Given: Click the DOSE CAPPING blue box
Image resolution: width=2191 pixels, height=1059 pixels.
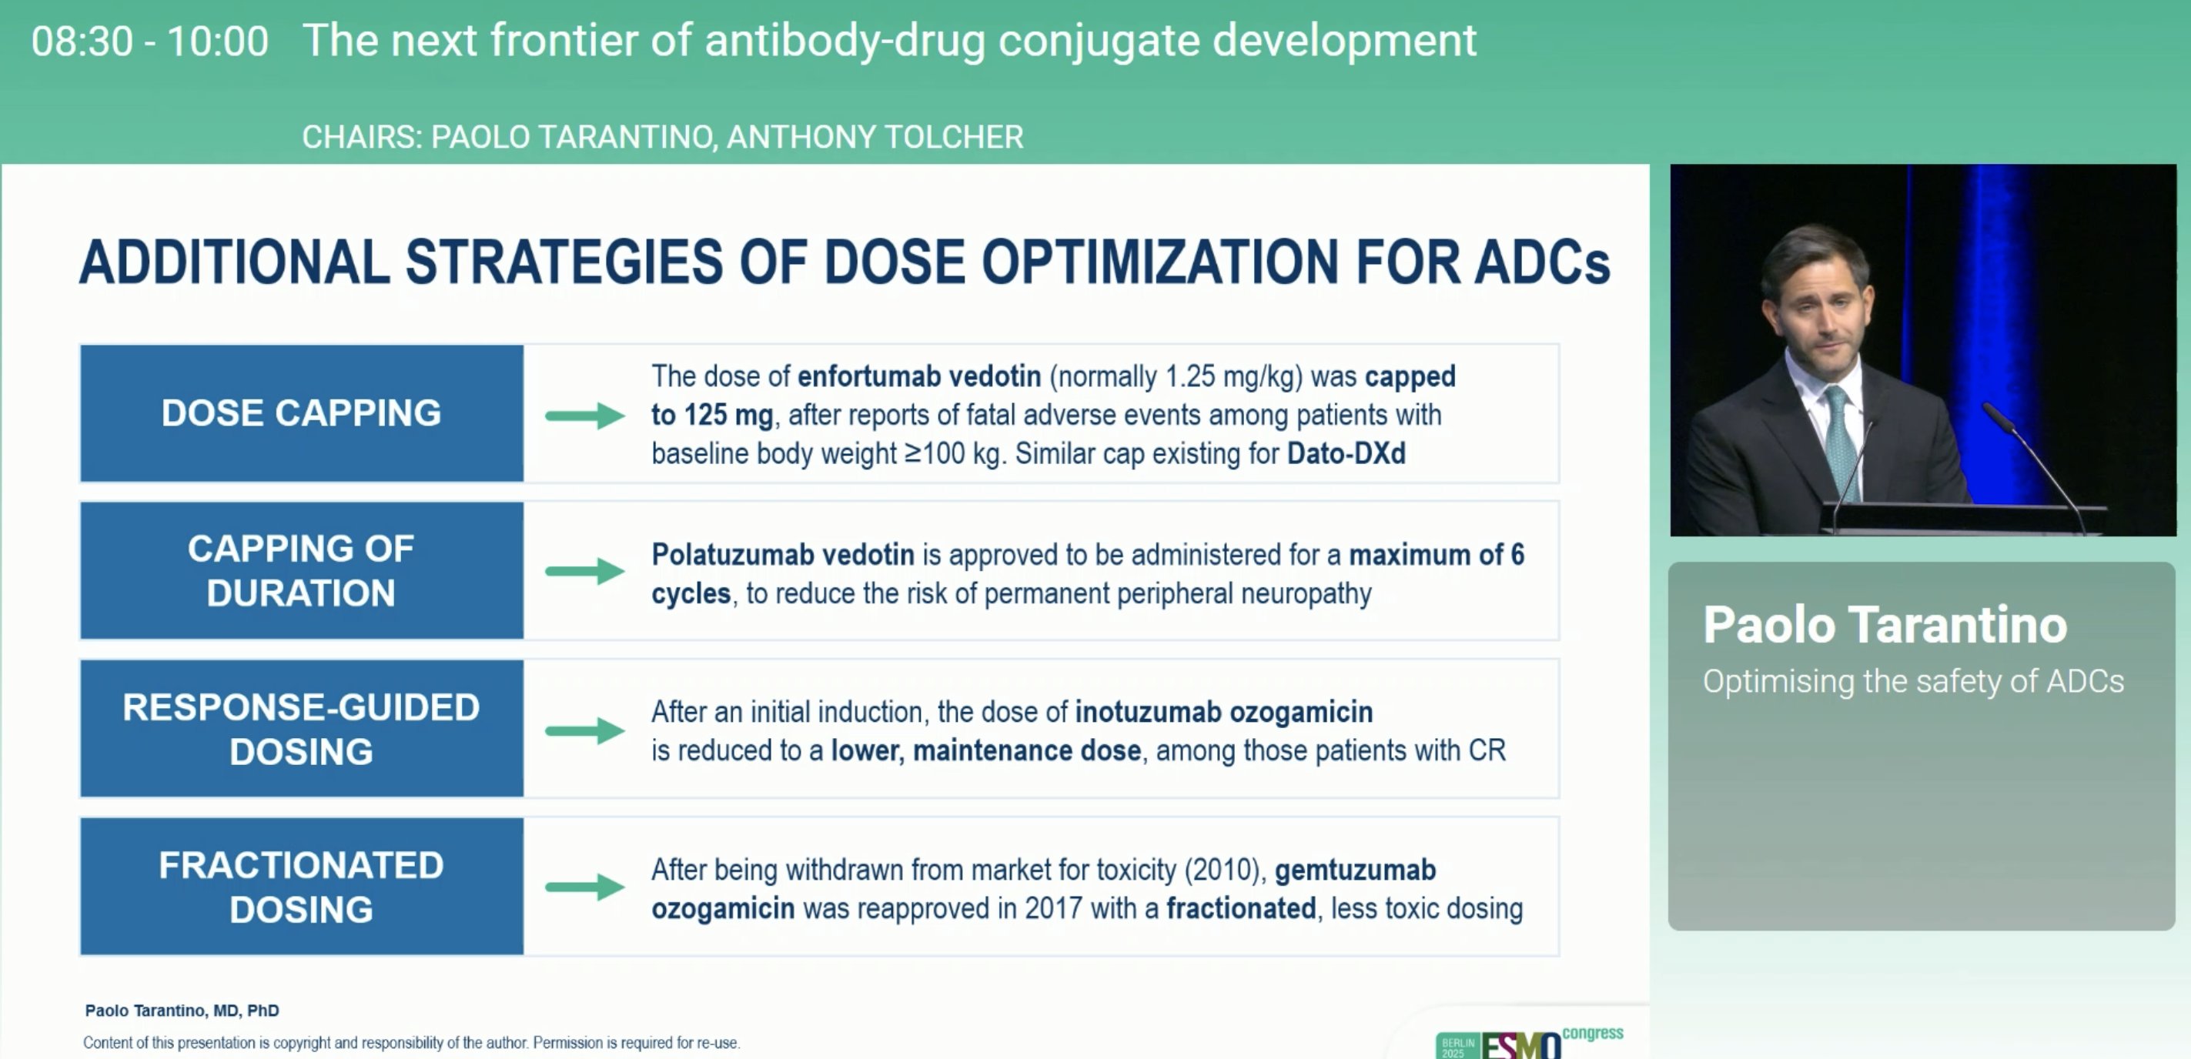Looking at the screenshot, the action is coord(302,413).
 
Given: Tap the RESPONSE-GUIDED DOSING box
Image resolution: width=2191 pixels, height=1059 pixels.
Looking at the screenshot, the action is coord(302,729).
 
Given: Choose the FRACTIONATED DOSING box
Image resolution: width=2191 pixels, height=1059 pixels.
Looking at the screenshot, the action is coord(302,887).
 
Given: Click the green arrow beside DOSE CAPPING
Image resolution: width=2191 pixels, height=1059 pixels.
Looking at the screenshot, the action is coord(585,416).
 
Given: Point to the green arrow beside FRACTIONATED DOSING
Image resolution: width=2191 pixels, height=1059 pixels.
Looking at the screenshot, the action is coord(585,887).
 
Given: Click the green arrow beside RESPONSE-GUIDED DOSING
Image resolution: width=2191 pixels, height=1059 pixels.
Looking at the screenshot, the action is coord(585,730).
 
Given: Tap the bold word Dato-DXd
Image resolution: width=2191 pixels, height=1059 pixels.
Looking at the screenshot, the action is coord(1346,453).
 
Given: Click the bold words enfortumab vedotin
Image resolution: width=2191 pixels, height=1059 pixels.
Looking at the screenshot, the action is coord(919,376).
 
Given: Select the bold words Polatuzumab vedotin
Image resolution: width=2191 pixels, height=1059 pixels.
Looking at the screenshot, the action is coord(782,555).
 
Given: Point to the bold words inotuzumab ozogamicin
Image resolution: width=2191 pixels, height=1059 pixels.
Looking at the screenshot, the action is coord(1224,712).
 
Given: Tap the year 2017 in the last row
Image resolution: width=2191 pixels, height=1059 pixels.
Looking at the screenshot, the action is coord(1054,908).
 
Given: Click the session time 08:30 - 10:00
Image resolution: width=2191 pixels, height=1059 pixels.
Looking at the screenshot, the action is coord(149,41).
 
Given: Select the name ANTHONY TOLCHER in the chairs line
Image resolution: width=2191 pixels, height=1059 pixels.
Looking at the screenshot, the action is coord(875,137).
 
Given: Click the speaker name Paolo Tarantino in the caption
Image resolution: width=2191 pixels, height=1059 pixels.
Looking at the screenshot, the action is coord(1885,624).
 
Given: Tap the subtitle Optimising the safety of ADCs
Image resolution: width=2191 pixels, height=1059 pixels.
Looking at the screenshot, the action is coord(1914,681).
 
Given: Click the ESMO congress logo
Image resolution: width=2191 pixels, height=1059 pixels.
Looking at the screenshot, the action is coord(1529,1042).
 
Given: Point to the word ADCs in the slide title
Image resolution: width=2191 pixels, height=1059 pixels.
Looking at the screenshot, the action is coord(1542,261).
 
